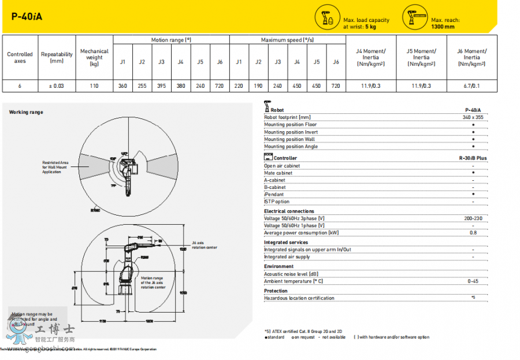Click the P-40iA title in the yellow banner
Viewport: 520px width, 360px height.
[x=27, y=17]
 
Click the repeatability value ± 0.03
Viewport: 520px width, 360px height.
[x=57, y=86]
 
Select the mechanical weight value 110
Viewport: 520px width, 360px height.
[x=94, y=86]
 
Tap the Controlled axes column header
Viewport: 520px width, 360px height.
[x=20, y=58]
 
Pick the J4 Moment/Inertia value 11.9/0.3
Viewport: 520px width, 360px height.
[x=370, y=86]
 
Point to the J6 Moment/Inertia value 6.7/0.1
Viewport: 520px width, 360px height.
[x=471, y=86]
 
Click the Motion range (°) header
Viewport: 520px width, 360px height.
[x=171, y=40]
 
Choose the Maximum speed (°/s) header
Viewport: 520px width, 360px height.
[x=287, y=40]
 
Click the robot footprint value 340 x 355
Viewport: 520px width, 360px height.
[x=473, y=117]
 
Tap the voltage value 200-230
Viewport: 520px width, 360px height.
[x=473, y=218]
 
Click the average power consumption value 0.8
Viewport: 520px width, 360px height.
[x=473, y=233]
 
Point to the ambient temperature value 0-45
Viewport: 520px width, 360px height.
[x=473, y=281]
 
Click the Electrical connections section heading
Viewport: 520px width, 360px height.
[x=289, y=211]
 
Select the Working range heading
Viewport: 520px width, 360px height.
[x=26, y=112]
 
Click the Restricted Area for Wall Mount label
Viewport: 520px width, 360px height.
[x=55, y=167]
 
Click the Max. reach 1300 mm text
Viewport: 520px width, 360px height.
[x=445, y=23]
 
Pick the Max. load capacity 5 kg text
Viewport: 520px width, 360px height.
[x=366, y=23]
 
